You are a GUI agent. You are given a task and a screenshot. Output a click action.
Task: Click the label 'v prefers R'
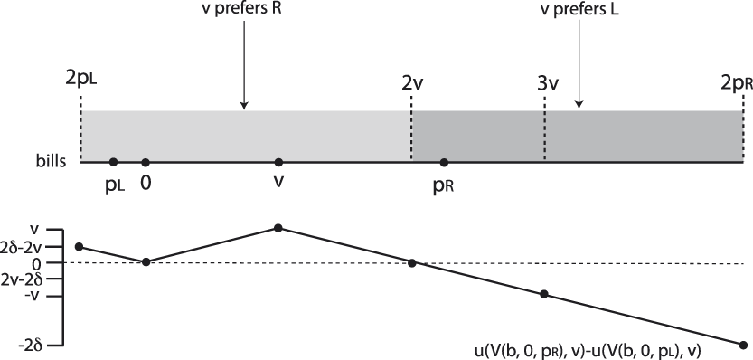click(x=244, y=13)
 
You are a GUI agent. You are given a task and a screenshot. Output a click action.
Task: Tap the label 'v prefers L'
click(x=579, y=13)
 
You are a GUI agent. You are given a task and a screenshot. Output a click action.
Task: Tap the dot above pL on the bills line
click(x=113, y=163)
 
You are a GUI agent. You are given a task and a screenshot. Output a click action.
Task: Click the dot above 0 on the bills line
click(x=146, y=163)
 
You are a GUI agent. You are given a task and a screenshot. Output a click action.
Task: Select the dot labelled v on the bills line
click(x=278, y=163)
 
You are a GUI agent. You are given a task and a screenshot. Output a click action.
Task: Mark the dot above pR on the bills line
click(x=444, y=163)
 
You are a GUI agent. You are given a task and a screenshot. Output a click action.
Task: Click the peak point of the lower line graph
click(x=278, y=228)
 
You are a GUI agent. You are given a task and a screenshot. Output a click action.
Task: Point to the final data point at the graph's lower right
click(x=743, y=345)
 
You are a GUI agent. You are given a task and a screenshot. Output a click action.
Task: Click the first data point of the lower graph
click(x=80, y=246)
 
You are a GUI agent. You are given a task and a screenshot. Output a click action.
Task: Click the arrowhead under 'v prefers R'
click(x=244, y=106)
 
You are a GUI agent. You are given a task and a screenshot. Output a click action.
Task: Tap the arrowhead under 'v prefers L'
click(x=579, y=106)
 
